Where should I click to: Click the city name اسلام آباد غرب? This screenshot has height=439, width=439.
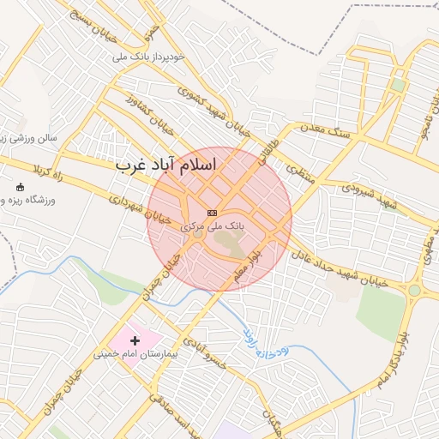coord(167,163)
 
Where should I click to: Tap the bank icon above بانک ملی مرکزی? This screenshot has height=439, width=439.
coord(213,213)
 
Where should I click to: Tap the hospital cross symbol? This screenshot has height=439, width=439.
coord(135,340)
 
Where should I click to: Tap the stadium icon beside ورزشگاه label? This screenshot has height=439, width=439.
coord(21,187)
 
